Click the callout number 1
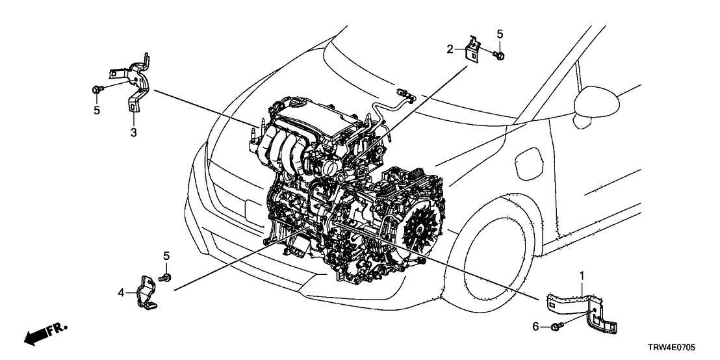point(582,276)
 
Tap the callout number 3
point(133,133)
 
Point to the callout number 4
point(122,293)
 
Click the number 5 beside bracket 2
point(500,33)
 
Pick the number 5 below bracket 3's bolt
point(97,110)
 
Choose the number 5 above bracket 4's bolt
point(166,255)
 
